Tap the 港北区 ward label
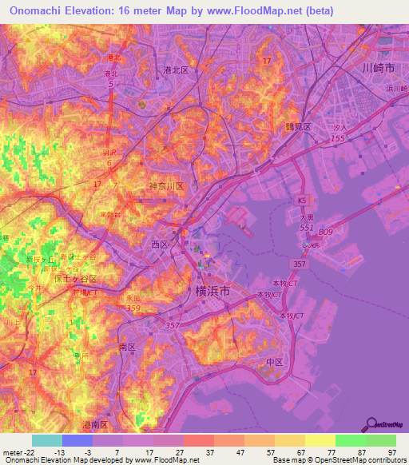click(x=175, y=70)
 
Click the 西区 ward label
click(x=161, y=244)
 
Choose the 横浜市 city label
click(x=212, y=292)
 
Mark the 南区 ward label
click(x=128, y=348)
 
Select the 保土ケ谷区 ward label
click(x=73, y=280)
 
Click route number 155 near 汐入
click(x=338, y=139)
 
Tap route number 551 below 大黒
click(x=307, y=228)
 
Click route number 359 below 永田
click(x=133, y=308)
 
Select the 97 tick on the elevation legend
click(x=391, y=451)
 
